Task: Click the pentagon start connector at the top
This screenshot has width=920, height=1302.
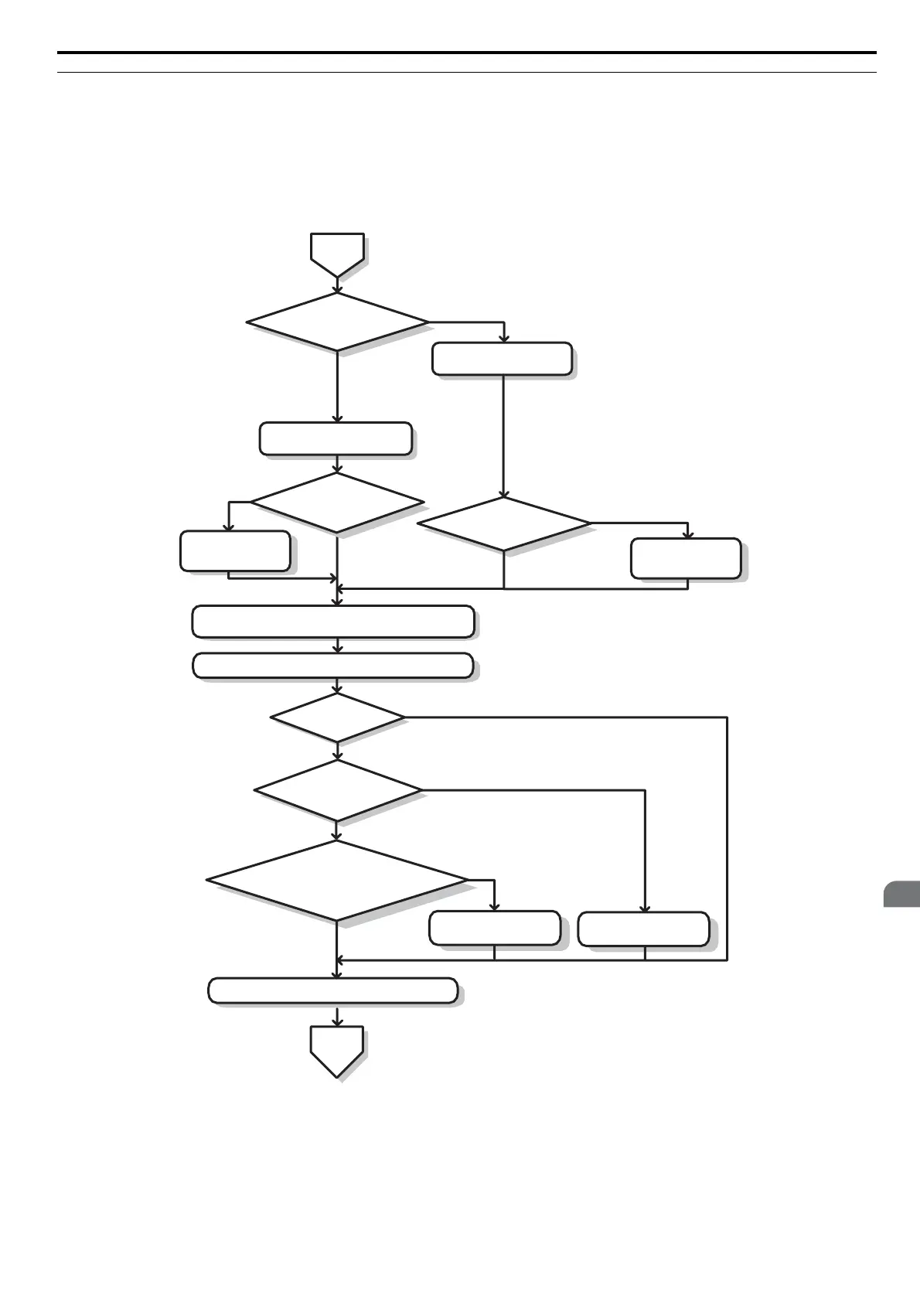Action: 337,254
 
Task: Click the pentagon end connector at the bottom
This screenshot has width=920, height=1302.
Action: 337,1049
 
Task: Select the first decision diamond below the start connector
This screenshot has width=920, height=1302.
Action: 337,322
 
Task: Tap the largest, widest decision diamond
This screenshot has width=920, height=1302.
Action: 337,881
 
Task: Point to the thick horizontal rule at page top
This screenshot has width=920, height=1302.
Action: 467,53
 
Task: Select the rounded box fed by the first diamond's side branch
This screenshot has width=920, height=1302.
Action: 502,360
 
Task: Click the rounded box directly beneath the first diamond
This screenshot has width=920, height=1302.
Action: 336,438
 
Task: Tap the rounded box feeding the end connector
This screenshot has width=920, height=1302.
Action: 333,990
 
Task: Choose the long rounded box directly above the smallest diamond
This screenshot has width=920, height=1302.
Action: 333,666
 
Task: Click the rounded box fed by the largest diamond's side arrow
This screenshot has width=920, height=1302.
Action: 495,928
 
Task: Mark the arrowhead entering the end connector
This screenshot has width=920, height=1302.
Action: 337,1022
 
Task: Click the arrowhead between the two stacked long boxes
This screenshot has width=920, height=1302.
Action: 337,649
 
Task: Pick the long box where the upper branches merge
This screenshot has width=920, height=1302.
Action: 333,622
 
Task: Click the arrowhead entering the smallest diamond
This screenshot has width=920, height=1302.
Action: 337,688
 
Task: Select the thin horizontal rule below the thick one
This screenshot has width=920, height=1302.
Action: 467,73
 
